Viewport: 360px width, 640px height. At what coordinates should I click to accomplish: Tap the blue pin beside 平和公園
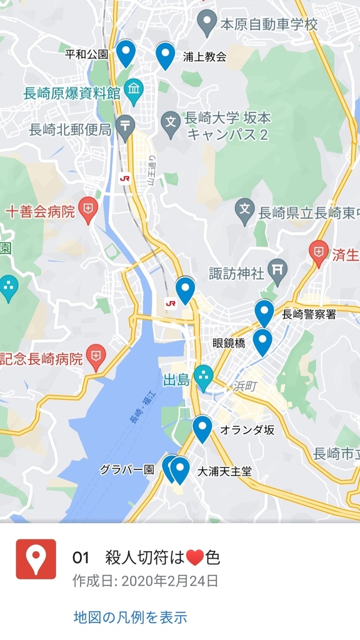click(x=126, y=52)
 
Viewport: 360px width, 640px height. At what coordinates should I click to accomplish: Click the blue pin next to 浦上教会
click(x=165, y=55)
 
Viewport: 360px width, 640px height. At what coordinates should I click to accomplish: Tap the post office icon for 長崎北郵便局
click(x=125, y=127)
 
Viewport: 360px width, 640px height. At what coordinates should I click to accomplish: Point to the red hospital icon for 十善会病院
click(x=88, y=211)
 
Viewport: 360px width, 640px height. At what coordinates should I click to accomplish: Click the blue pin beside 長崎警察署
click(x=264, y=312)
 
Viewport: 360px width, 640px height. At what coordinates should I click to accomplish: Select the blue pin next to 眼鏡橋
click(x=262, y=341)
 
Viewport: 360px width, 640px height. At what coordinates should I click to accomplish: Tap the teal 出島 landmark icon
click(x=202, y=376)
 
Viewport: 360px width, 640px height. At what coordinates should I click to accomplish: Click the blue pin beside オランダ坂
click(x=202, y=428)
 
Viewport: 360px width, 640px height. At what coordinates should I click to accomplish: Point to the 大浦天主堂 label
click(x=224, y=471)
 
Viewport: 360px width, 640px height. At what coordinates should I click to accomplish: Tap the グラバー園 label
click(x=127, y=469)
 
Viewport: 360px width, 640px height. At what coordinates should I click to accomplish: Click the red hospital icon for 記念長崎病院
click(x=96, y=358)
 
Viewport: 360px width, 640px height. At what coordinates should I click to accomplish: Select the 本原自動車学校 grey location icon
click(x=206, y=24)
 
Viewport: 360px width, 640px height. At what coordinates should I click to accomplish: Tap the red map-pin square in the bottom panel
click(x=36, y=559)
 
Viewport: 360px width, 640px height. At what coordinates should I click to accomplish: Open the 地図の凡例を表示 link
click(x=130, y=617)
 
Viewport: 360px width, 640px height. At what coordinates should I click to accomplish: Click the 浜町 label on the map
click(x=245, y=386)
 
